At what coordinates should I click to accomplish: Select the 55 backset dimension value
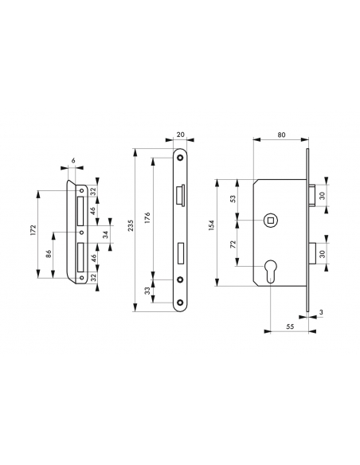290,325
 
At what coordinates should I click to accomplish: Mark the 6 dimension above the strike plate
72,161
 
